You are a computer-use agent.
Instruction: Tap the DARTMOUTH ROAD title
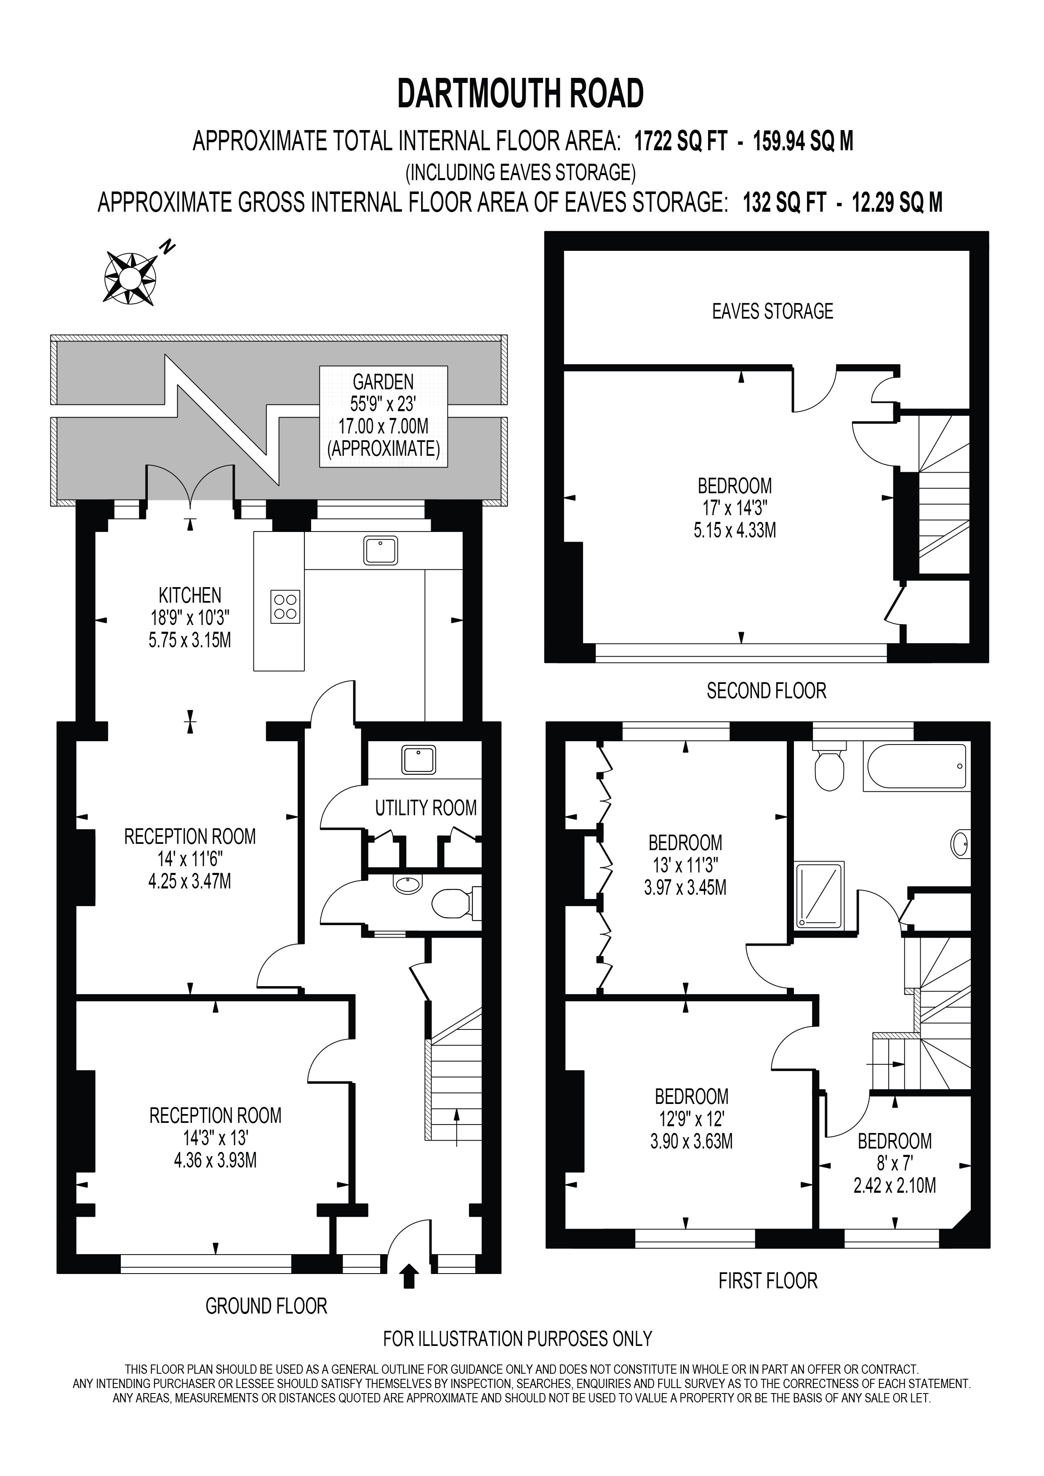coord(521,94)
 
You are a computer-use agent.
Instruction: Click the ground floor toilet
coord(454,903)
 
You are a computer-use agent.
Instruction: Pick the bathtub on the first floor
coord(917,766)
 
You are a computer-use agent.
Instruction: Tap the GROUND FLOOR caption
coord(266,1306)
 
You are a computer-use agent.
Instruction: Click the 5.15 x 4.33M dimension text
coord(735,530)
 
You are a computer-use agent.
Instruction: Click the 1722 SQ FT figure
coord(681,141)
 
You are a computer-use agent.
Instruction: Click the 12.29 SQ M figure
coord(898,203)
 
